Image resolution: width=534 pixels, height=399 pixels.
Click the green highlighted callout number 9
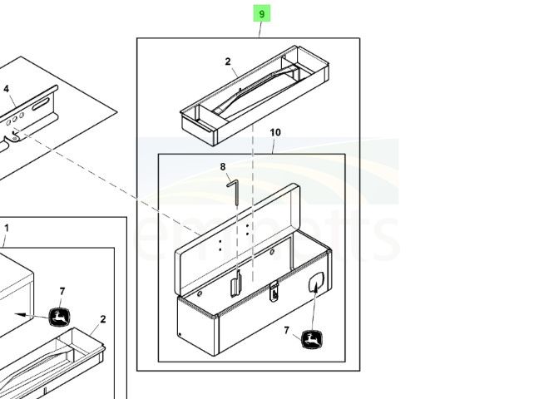[x=262, y=14]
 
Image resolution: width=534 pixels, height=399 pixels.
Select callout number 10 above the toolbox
[x=275, y=132]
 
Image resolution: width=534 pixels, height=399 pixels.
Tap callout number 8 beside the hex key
[x=223, y=167]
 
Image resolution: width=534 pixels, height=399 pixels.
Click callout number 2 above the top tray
[x=227, y=62]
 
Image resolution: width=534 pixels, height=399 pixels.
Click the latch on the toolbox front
[x=274, y=291]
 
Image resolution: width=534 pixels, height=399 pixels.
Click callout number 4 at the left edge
[x=7, y=89]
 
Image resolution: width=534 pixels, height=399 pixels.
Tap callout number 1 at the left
[x=7, y=228]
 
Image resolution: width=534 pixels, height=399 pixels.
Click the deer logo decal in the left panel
[x=60, y=317]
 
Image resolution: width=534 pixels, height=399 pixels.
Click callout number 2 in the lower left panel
[x=102, y=319]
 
